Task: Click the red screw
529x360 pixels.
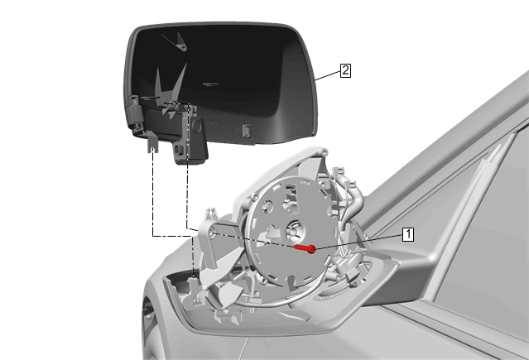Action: coord(305,248)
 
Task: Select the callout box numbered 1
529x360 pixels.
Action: coord(408,234)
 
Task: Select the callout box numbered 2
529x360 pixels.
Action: coord(345,70)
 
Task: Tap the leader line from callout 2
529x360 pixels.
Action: coord(327,75)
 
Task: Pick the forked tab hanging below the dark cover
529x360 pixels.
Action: coord(152,142)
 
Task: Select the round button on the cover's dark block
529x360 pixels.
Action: coord(196,126)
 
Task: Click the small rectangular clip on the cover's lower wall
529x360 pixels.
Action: coord(247,131)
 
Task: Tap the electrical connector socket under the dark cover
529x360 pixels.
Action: coord(180,150)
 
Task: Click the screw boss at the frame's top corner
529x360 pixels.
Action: coord(325,151)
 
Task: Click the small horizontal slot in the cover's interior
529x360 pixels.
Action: coord(209,84)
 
